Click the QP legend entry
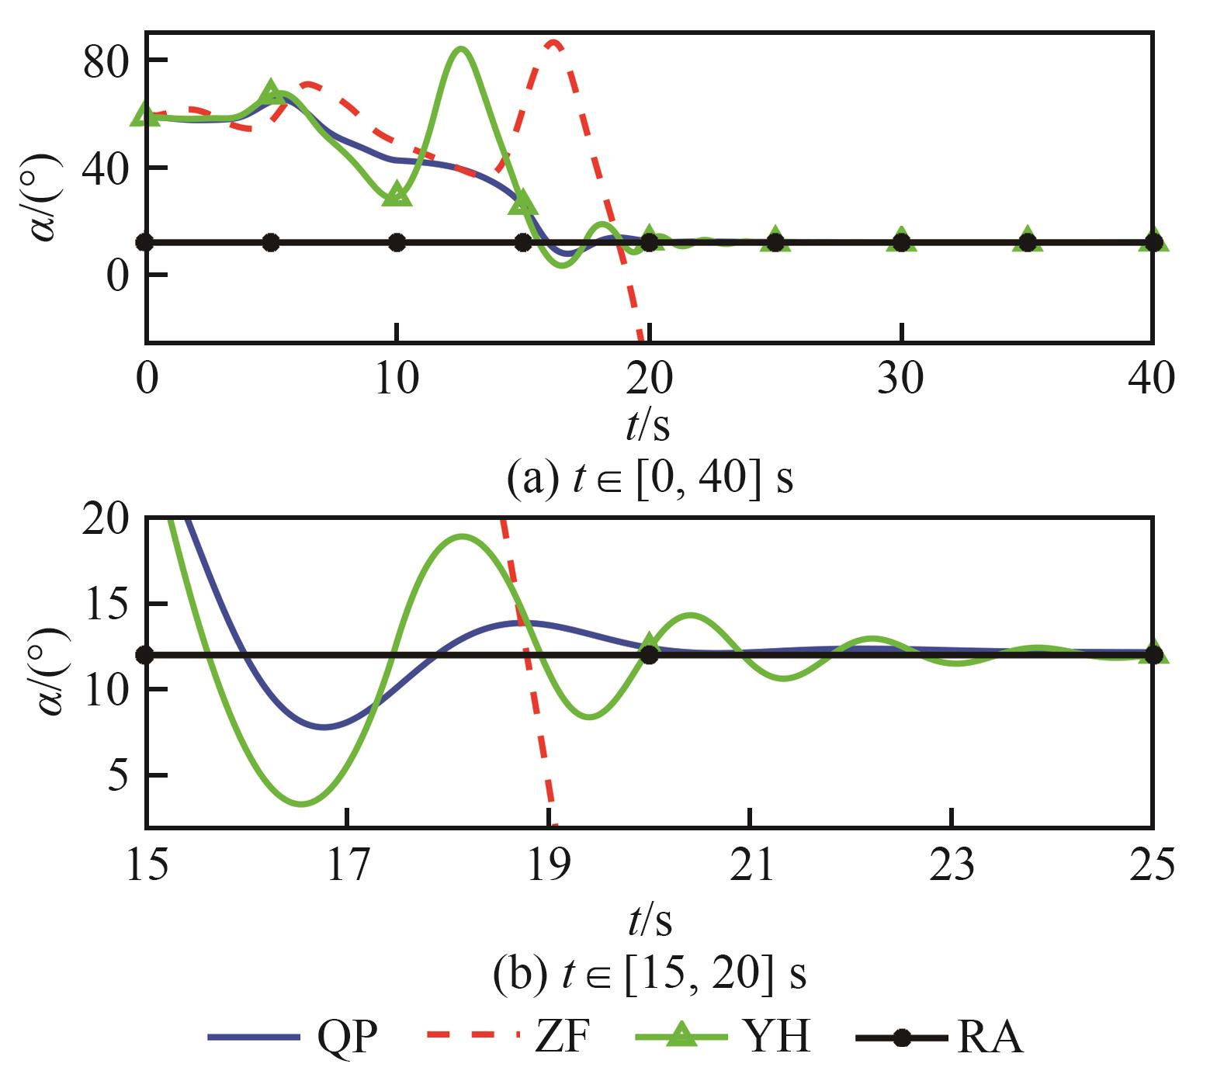293,1037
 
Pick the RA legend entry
939,1037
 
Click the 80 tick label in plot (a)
106,61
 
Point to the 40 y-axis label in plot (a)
106,168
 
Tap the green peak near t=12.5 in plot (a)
460,50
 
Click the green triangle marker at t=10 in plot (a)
397,194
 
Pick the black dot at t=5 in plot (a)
271,242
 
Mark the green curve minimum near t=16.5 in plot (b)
302,804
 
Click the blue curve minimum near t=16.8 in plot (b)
324,727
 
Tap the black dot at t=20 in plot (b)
650,655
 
